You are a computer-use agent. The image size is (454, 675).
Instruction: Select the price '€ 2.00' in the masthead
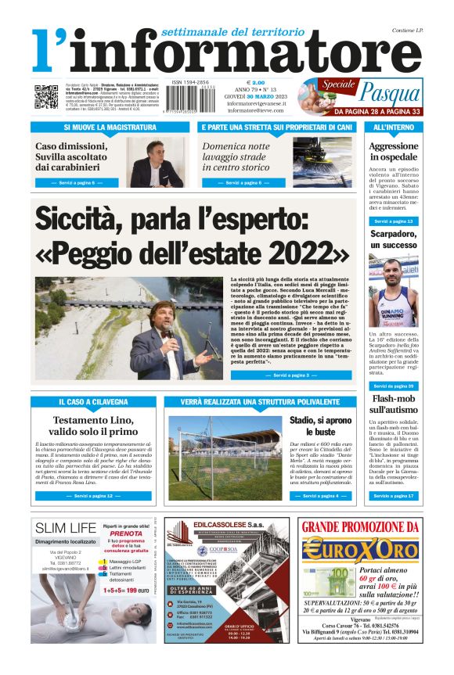256,81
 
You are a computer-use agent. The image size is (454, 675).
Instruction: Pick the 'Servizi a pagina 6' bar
244,182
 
